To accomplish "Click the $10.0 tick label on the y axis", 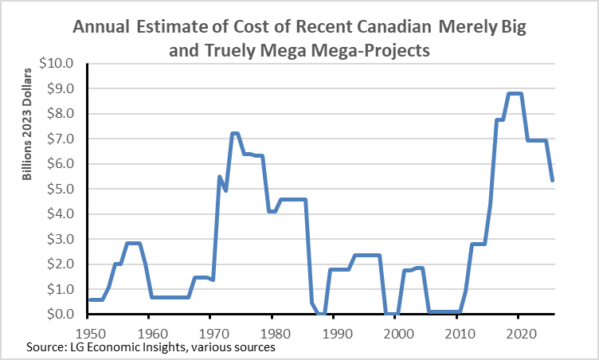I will coord(60,63).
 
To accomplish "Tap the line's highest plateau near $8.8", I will coord(515,94).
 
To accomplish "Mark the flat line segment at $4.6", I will coord(292,199).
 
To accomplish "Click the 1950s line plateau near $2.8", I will coord(134,244).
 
